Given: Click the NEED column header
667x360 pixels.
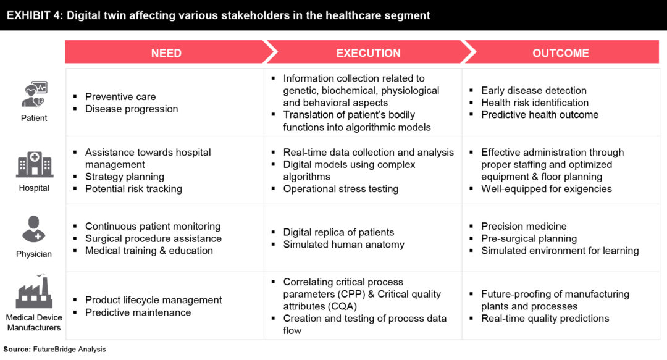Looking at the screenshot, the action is pyautogui.click(x=166, y=52).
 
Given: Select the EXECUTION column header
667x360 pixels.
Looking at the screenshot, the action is pyautogui.click(x=368, y=52).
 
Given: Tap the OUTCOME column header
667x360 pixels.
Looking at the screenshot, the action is pyautogui.click(x=561, y=52).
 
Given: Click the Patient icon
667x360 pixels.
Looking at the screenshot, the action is pyautogui.click(x=35, y=94).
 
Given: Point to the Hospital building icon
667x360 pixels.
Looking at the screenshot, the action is pyautogui.click(x=35, y=164).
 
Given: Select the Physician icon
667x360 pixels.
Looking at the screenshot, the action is pyautogui.click(x=33, y=229).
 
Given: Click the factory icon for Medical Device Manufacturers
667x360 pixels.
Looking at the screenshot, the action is pyautogui.click(x=34, y=291).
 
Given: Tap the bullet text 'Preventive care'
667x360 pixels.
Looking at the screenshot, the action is pyautogui.click(x=120, y=96).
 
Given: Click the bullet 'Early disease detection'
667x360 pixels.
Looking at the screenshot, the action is pyautogui.click(x=534, y=90).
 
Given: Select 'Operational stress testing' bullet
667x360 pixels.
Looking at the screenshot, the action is pyautogui.click(x=341, y=188).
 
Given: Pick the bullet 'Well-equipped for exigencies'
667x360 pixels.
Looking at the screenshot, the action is pyautogui.click(x=547, y=188).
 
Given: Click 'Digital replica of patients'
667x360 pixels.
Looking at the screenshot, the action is pyautogui.click(x=338, y=232).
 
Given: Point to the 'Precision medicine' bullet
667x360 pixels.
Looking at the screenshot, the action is pyautogui.click(x=524, y=226).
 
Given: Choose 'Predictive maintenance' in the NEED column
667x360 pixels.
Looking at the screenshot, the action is pyautogui.click(x=138, y=312).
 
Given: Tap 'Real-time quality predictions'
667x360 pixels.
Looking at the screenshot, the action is pyautogui.click(x=545, y=318).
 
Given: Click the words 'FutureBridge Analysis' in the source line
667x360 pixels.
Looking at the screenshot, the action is pyautogui.click(x=69, y=349).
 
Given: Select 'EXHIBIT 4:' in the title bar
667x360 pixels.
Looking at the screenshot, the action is pyautogui.click(x=35, y=15).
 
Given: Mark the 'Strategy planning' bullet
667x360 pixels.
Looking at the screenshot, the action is pyautogui.click(x=125, y=177).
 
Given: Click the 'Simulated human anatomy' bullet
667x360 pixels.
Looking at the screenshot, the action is pyautogui.click(x=344, y=245).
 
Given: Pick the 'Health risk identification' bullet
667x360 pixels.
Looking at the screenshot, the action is pyautogui.click(x=535, y=103).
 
